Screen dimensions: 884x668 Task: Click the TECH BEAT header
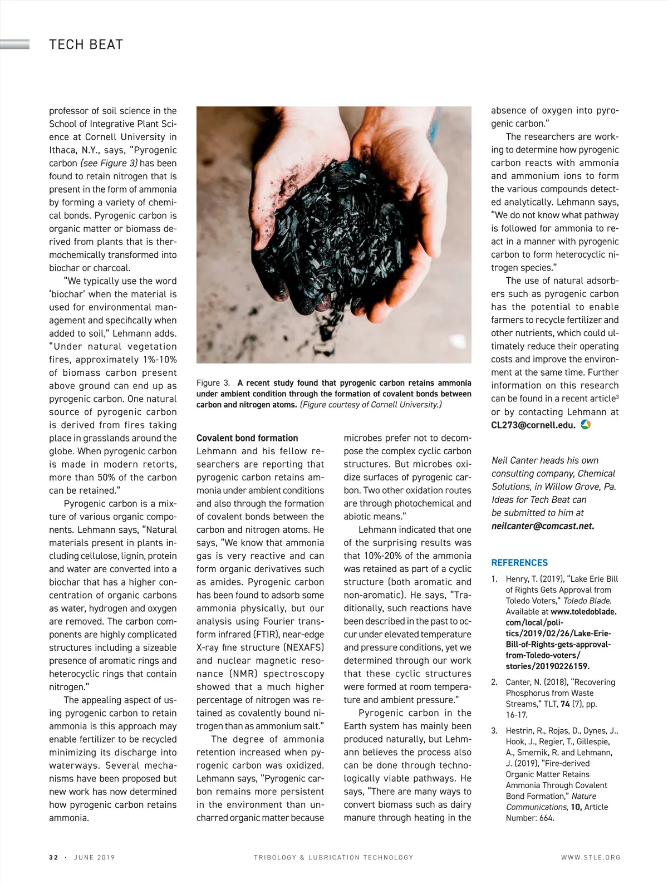coord(86,45)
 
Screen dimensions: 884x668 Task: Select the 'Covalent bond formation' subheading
coord(247,438)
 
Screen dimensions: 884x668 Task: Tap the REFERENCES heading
coord(519,563)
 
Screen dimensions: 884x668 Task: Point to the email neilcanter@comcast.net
coord(543,526)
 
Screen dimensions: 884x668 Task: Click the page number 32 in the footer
coord(53,857)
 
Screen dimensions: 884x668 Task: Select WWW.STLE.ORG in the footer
coord(591,857)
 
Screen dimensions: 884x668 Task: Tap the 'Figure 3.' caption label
coord(213,383)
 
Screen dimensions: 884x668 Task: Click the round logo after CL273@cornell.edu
coord(586,425)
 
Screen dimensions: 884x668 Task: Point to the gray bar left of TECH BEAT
coord(15,45)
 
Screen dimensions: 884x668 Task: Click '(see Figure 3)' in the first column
coord(109,163)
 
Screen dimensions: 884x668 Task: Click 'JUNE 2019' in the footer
coord(94,857)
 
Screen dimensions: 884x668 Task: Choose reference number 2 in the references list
coord(494,682)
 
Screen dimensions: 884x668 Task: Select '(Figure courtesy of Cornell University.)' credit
coord(371,405)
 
